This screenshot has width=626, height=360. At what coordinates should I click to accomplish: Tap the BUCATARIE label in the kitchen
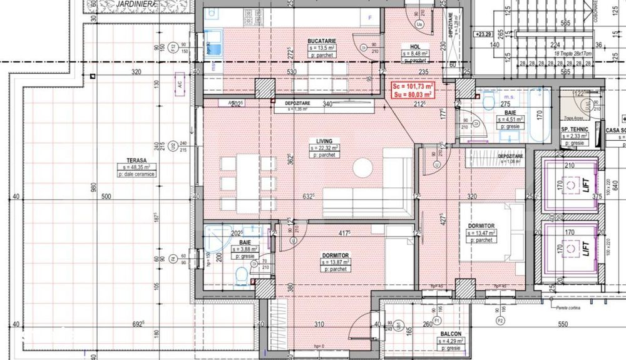322,41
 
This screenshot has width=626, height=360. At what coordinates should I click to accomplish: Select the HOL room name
414,46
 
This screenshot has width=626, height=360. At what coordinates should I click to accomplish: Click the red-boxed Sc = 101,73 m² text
412,86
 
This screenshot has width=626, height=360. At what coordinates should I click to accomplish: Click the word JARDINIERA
136,4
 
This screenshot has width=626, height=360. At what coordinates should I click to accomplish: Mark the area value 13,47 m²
481,232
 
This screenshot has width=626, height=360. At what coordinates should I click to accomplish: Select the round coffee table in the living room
362,168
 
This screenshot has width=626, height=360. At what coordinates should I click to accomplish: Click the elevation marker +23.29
483,34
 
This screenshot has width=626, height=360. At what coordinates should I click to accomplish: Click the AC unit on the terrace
180,85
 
